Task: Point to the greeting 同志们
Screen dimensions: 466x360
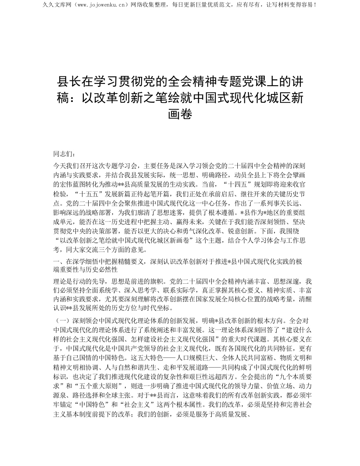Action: pos(62,154)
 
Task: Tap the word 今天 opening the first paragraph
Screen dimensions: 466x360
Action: pos(59,165)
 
